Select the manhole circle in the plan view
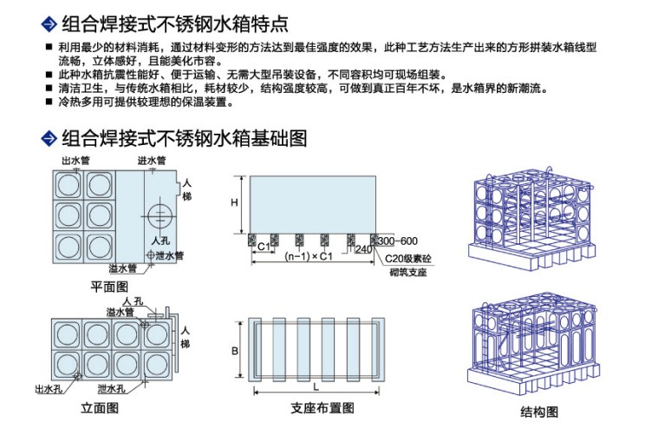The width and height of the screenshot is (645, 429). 159,215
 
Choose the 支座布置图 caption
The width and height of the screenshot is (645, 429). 322,408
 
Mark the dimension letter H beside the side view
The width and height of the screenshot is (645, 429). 234,202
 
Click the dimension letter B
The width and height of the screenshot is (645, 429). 234,351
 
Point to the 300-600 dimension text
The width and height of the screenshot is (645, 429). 397,240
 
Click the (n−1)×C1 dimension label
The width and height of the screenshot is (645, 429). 309,257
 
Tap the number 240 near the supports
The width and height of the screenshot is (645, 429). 363,249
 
